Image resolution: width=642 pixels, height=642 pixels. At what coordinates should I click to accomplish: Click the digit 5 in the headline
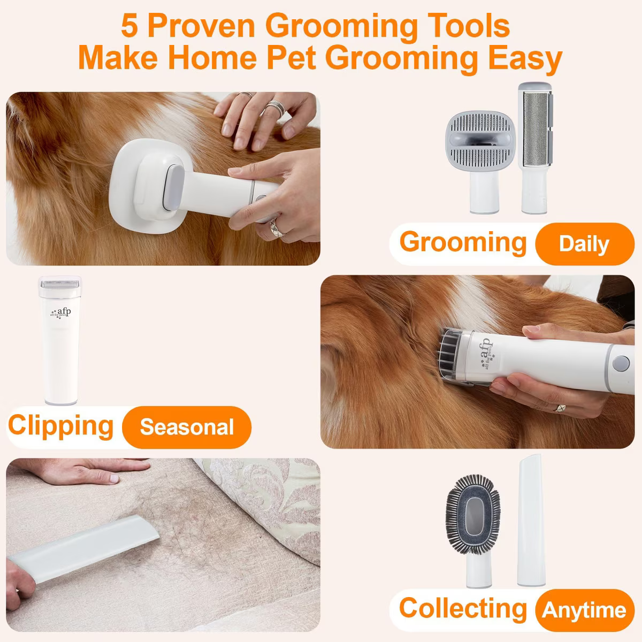coord(129,26)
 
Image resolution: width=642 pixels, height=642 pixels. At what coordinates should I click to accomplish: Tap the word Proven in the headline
coord(202,26)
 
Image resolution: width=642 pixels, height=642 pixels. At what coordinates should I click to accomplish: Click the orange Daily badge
coord(585,244)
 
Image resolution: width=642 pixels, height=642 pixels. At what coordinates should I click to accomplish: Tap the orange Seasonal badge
coord(187,427)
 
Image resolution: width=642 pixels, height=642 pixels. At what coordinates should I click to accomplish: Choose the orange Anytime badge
coord(585,610)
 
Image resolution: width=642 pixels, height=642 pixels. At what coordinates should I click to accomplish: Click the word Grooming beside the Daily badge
coord(463,242)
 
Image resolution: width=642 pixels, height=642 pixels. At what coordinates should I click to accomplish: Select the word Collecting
coord(463,609)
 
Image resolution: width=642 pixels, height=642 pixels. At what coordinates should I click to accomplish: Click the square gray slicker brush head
coord(480,141)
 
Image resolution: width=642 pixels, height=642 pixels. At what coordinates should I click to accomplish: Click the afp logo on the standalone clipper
coord(60,314)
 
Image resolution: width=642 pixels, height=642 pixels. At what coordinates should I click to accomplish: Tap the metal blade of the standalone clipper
coord(59,284)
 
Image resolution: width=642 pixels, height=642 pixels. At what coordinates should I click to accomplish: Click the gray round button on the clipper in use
coord(621,363)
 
